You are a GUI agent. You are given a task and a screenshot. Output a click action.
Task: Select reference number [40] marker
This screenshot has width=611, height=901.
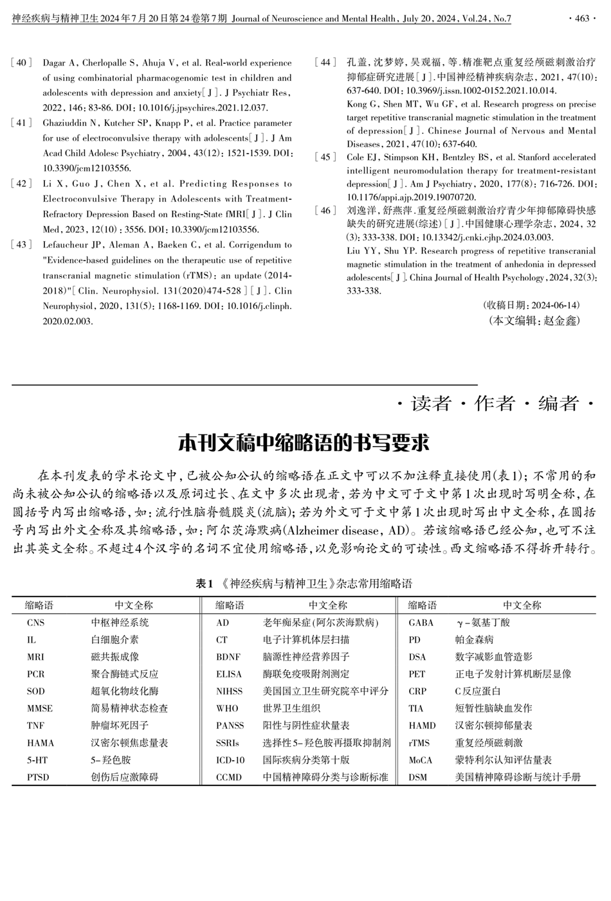(21, 63)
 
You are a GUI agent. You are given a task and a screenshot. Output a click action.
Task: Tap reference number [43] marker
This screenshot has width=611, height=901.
(21, 245)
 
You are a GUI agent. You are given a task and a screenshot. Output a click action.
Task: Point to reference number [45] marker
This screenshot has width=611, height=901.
(325, 157)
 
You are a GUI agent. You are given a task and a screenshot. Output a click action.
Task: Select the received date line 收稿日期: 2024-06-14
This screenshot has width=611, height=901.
(531, 305)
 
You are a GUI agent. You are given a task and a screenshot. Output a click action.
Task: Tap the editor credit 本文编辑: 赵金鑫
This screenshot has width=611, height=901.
(534, 320)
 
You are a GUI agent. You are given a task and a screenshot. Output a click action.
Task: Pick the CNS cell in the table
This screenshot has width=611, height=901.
(36, 623)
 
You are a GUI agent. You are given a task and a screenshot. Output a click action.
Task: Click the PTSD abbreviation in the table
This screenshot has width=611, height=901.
(39, 777)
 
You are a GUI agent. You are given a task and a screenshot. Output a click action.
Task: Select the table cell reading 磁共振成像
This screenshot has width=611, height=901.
(114, 657)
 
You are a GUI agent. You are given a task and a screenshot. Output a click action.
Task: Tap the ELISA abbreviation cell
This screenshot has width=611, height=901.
(229, 674)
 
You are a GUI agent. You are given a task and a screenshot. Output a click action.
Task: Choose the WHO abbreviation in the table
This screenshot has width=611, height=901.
(227, 708)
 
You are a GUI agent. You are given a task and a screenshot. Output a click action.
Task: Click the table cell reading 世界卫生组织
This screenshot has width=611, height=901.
(291, 708)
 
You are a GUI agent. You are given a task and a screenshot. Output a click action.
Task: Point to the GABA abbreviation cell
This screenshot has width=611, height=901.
(421, 623)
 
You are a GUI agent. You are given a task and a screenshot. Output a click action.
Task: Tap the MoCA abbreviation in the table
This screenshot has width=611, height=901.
(421, 760)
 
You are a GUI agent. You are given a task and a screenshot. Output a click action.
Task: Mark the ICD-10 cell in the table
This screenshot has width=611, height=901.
(230, 760)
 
